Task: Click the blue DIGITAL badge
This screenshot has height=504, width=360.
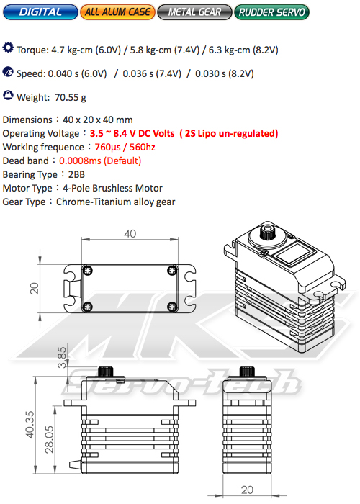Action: [40, 12]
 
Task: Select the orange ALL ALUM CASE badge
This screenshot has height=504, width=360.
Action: [118, 12]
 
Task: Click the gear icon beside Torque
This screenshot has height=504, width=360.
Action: [8, 49]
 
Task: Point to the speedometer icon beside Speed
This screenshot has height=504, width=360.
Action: [8, 72]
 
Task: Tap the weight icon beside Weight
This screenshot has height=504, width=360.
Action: [8, 95]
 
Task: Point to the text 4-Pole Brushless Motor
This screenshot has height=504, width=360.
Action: [114, 188]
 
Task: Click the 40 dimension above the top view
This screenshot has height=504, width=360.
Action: [130, 233]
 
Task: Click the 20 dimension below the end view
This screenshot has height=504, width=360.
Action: [247, 489]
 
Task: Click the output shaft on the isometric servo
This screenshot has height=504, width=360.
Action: [266, 233]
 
